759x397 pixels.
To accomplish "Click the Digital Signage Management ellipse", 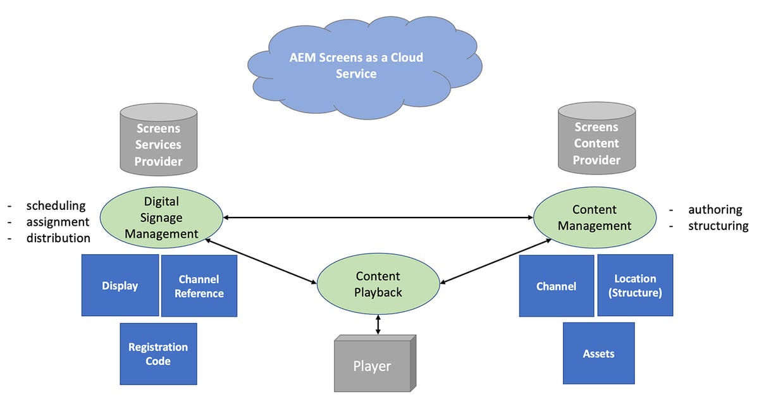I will click(x=161, y=217).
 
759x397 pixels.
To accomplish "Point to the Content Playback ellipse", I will click(x=378, y=284).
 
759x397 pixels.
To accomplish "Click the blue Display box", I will click(x=120, y=286).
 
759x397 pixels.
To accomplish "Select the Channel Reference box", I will click(x=199, y=286).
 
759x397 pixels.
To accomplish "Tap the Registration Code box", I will click(x=158, y=354).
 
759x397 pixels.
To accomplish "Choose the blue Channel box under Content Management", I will click(x=557, y=286).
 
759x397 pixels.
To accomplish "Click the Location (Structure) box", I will click(x=635, y=285).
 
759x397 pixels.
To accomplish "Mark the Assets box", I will click(x=598, y=353).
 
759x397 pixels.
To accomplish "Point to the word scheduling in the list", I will click(x=56, y=205).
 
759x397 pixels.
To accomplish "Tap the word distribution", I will click(x=58, y=238).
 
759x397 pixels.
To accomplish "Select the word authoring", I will click(x=715, y=210).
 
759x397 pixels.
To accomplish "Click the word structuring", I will click(x=718, y=226).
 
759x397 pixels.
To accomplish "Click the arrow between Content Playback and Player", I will click(x=378, y=325).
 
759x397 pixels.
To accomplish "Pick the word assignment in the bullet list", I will click(x=58, y=222).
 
